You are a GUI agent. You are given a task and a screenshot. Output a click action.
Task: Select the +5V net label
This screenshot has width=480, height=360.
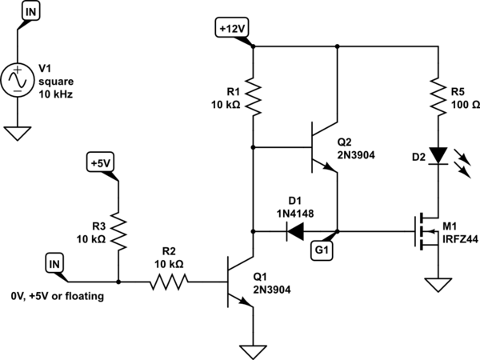click(101, 163)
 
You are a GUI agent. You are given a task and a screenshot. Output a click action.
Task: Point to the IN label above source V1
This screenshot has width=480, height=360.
click(30, 12)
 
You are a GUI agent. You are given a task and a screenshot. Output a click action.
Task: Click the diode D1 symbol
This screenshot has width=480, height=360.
click(295, 233)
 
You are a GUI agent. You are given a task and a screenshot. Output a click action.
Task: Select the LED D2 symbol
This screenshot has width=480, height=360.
click(437, 154)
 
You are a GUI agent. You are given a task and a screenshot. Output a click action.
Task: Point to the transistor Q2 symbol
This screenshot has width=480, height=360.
click(325, 148)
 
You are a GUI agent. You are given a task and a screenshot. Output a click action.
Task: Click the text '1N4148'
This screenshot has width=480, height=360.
click(295, 214)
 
